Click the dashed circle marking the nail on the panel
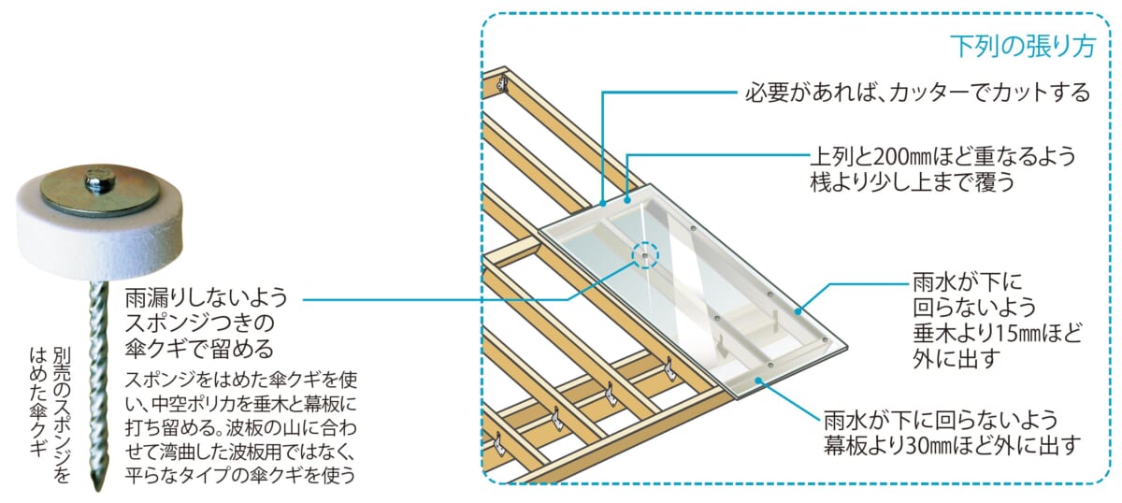click(645, 254)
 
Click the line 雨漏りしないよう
click(206, 300)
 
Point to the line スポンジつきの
click(197, 324)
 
